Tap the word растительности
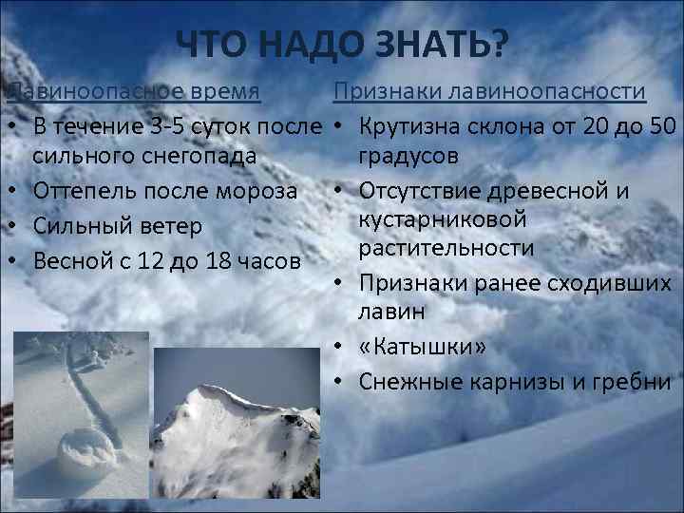coord(446,249)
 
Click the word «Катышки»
coord(422,347)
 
